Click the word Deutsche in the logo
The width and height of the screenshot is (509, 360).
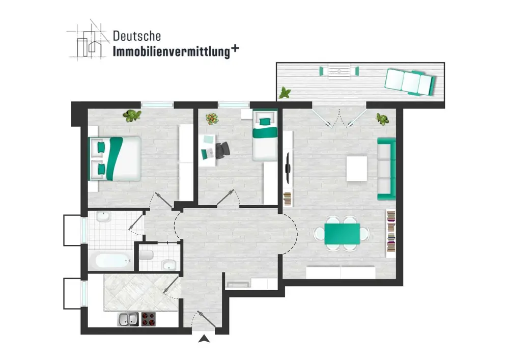[136, 36]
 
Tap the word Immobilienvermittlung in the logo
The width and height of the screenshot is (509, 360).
[172, 52]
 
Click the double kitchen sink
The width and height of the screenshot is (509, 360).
[128, 319]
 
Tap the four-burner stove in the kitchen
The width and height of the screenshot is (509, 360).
[148, 319]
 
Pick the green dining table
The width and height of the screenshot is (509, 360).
[342, 234]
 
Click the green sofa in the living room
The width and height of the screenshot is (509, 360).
[386, 169]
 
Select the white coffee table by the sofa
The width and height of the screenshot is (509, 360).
[357, 169]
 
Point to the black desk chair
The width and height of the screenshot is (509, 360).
[222, 151]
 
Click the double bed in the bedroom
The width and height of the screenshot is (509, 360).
[115, 158]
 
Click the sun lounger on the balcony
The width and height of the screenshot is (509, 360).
[410, 82]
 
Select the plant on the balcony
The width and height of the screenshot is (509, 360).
[285, 93]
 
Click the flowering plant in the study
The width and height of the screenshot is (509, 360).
[212, 119]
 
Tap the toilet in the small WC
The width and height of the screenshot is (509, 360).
[147, 255]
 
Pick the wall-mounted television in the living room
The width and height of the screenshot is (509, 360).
[288, 168]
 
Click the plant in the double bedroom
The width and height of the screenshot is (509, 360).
[132, 116]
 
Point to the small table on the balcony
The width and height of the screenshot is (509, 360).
[339, 71]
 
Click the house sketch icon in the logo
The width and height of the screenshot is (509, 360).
[88, 41]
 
